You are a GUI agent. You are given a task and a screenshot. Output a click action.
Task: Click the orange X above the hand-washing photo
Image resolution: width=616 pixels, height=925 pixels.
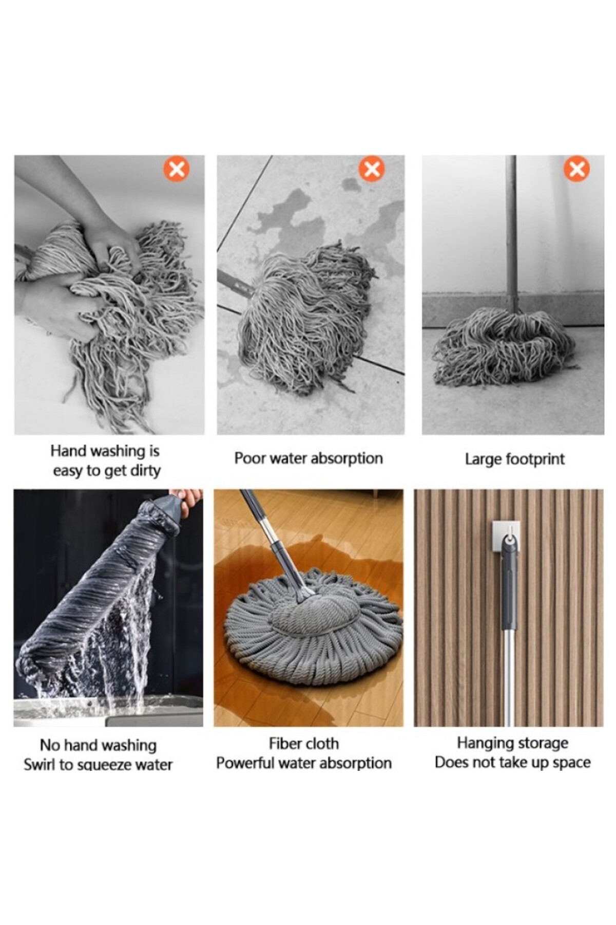click(x=177, y=169)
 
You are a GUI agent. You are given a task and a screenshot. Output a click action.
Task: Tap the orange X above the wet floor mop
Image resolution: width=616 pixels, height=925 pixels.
click(x=372, y=169)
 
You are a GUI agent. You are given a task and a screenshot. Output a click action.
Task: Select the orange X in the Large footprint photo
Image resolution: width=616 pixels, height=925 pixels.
click(x=576, y=169)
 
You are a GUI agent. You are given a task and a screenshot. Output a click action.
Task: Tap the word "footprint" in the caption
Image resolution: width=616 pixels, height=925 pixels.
click(x=535, y=459)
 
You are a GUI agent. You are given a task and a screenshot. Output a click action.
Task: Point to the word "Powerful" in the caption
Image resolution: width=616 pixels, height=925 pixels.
click(x=245, y=763)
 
